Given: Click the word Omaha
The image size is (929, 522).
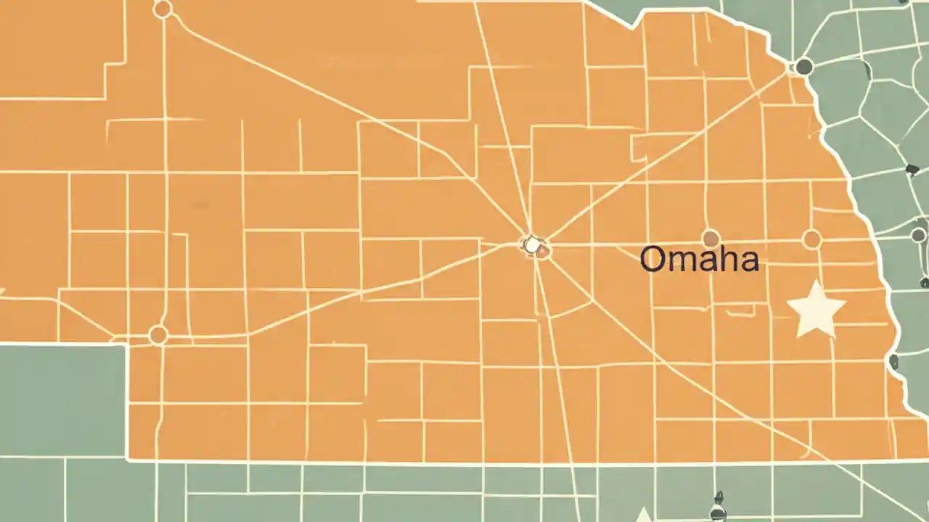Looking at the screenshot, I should click(699, 260).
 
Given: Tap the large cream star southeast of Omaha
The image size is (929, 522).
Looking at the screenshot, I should click(816, 310).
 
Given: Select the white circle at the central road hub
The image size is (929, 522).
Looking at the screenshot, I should click(533, 245).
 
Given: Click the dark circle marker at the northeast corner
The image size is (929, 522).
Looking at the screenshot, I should click(803, 67).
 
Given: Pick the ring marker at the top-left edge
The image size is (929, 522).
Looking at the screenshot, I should click(163, 9).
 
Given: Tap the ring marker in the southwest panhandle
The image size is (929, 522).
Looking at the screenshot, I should click(158, 335).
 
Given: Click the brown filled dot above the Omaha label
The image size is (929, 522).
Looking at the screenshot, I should click(711, 239).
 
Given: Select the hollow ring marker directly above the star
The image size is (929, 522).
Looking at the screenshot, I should click(811, 239).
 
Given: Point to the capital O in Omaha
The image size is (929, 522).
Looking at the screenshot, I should click(653, 260).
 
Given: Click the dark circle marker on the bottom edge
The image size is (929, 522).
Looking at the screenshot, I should click(718, 513).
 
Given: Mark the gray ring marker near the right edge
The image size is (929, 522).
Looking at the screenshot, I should click(918, 235).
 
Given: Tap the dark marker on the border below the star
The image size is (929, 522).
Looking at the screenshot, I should click(893, 362).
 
